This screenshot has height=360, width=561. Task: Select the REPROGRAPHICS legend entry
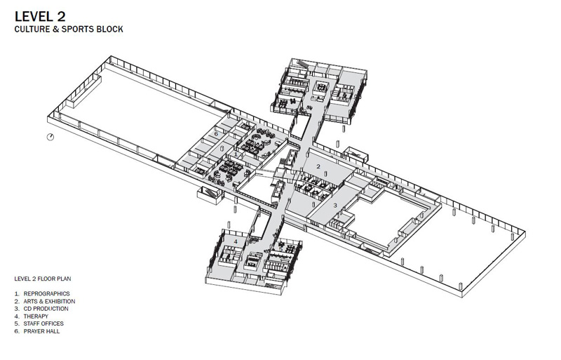(x=46, y=293)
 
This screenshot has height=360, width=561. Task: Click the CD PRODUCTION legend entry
(x=46, y=309)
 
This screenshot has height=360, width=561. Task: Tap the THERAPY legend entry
(x=36, y=316)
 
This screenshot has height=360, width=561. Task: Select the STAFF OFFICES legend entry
(x=43, y=324)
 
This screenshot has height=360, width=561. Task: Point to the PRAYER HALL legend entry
(x=41, y=331)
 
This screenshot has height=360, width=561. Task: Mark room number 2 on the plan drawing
(x=318, y=167)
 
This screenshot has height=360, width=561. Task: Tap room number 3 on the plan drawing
(x=335, y=205)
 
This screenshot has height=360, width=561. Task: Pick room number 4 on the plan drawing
(x=236, y=242)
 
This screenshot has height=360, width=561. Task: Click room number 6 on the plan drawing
(x=216, y=133)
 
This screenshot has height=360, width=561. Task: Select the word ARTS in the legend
(x=30, y=301)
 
